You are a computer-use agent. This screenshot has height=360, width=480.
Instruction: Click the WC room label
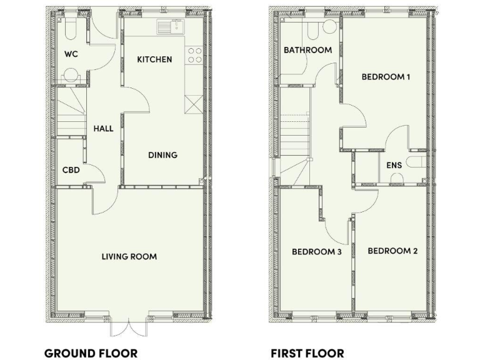click(71, 54)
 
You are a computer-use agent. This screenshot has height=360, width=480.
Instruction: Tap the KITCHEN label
click(154, 59)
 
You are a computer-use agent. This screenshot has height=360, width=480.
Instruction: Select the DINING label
click(162, 155)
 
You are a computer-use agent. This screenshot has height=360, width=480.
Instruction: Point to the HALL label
click(103, 129)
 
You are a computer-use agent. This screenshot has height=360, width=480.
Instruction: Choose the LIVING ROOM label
click(130, 256)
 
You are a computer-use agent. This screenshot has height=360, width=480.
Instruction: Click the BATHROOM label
click(307, 50)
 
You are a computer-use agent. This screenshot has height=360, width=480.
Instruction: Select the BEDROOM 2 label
click(392, 251)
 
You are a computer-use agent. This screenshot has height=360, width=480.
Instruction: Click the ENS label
click(394, 166)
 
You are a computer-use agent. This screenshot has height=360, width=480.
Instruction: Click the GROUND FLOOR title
click(91, 353)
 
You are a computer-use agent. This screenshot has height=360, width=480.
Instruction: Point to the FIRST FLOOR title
click(307, 353)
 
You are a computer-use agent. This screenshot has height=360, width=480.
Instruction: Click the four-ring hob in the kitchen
click(194, 56)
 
